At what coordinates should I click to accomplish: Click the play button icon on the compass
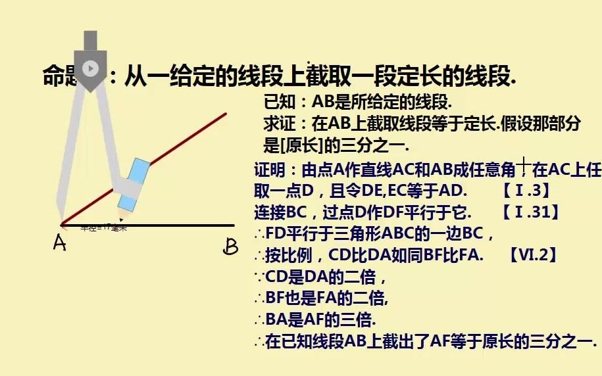click(x=91, y=68)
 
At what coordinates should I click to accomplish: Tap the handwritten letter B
click(x=230, y=247)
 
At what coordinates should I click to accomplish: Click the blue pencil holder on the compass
click(x=137, y=178)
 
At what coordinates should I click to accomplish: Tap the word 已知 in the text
click(x=276, y=102)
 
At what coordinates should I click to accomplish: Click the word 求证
click(x=276, y=123)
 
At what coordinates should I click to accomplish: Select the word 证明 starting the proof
click(x=268, y=170)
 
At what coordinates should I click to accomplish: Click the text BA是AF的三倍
click(x=320, y=320)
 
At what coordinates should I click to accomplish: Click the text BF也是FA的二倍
click(x=327, y=298)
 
